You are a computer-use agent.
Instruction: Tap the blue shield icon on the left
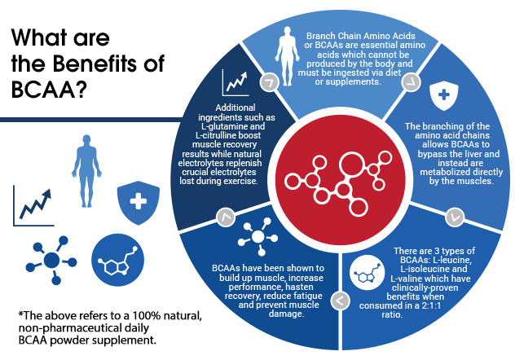click(137, 200)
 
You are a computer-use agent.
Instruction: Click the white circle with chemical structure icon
click(364, 274)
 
